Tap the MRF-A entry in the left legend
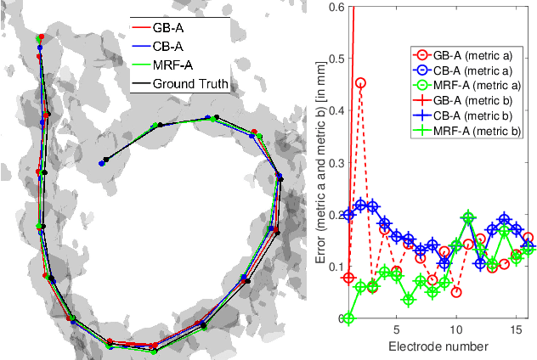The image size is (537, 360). tap(181, 65)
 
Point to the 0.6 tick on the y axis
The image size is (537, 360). tap(328, 8)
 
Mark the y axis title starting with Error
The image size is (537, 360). tap(308, 161)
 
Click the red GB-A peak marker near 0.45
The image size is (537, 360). tap(360, 83)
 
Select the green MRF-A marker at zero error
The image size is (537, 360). tap(348, 318)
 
